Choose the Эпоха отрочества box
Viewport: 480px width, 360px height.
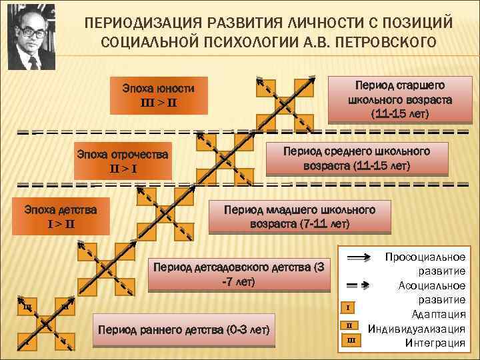(123, 159)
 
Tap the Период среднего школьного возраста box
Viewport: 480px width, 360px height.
(357, 158)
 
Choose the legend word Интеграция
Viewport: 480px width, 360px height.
(435, 343)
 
